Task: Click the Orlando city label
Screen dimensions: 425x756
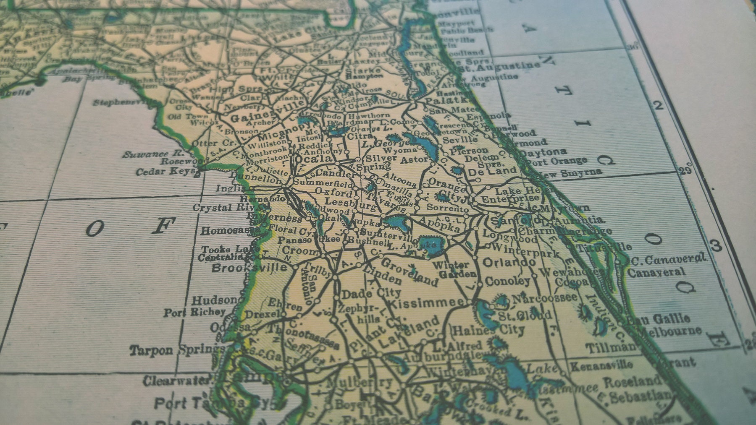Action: [x=509, y=263]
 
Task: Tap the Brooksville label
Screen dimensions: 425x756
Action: [x=249, y=268]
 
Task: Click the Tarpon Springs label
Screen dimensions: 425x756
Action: [x=176, y=349]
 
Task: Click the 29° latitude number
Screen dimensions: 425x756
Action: [x=685, y=170]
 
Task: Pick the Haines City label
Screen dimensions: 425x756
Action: [x=489, y=330]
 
